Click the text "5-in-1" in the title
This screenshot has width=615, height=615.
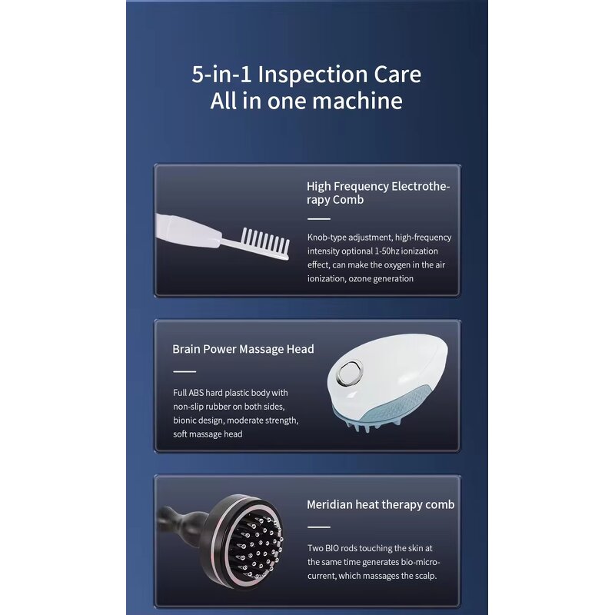222,75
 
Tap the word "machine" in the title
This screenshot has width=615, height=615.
361,101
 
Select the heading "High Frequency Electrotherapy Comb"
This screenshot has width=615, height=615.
377,193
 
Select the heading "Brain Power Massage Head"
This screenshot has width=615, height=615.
243,349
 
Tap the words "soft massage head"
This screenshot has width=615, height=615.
208,434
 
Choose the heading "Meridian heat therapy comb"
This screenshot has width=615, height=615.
381,505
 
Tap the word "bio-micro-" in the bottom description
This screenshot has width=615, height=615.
419,562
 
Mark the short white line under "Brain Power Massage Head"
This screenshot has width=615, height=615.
184,371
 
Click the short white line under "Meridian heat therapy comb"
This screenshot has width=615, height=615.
318,527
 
